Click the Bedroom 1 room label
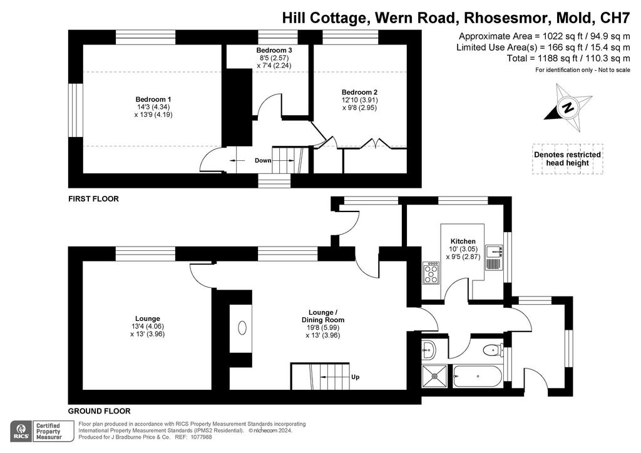pos(153,99)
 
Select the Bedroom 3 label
pos(274,50)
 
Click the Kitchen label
pos(463,242)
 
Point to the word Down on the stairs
pos(263,161)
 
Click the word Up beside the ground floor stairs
pos(356,377)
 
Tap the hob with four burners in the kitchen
pos(431,273)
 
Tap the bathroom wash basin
pos(428,350)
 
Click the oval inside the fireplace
pos(242,328)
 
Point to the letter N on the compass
pos(567,108)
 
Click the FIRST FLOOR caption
pos(93,199)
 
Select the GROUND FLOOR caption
pos(100,411)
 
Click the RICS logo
pos(21,431)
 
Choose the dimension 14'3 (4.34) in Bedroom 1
pos(153,107)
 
